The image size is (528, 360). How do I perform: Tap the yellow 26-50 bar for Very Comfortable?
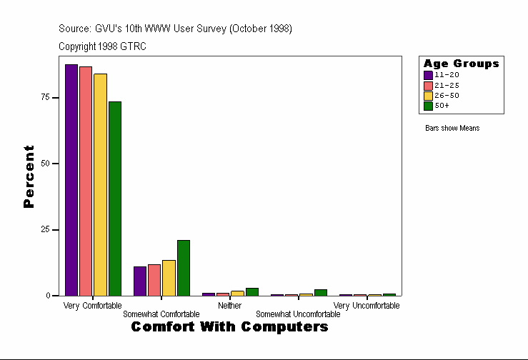point(100,184)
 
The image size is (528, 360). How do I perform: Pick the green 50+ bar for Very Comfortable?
point(115,199)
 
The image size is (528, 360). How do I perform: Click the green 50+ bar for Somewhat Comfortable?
point(184,268)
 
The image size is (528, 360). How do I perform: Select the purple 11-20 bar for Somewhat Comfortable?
point(140,281)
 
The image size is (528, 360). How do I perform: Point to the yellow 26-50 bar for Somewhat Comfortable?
point(169,278)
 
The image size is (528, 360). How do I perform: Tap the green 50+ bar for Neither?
point(252,291)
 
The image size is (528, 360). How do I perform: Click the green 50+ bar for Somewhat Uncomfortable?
point(321,292)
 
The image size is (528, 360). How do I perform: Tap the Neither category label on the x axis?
point(229,306)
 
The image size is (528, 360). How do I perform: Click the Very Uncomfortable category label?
point(367,306)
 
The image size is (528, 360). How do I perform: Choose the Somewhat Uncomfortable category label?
point(298,314)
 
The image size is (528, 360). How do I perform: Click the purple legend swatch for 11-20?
point(428,75)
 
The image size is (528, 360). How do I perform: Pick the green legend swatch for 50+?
point(428,106)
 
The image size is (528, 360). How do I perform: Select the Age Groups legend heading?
point(461,64)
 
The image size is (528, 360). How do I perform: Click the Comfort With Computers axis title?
point(229,327)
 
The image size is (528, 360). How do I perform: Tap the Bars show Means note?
point(452,129)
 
